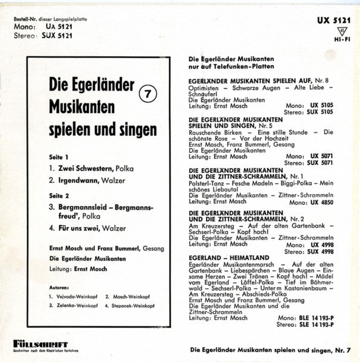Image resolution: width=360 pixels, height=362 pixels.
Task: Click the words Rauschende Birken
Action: (214, 131)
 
